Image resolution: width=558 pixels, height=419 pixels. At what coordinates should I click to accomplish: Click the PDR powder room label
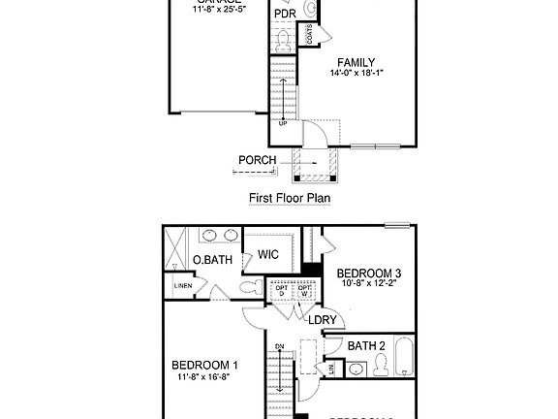[x=285, y=14]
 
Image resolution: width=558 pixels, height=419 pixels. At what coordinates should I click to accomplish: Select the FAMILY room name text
[x=356, y=64]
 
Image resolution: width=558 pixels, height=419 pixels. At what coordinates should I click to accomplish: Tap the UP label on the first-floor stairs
[x=283, y=123]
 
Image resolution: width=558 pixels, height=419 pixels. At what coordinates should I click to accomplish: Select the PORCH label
[x=257, y=160]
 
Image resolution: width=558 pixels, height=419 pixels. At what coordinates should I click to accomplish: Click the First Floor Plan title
[x=290, y=198]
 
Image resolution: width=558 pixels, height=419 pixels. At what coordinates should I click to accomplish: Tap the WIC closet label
[x=268, y=254]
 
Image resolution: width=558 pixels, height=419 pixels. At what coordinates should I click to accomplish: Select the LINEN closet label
[x=183, y=286]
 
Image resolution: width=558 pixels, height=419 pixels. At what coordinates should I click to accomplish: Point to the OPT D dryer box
[x=282, y=291]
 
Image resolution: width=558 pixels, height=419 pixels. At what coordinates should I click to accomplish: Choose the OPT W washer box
[x=304, y=291]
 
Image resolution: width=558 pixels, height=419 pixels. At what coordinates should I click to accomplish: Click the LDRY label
[x=322, y=319]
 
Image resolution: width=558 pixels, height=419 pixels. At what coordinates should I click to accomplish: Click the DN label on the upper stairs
[x=278, y=346]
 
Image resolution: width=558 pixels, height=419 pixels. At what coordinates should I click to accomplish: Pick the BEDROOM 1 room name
[x=205, y=366]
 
